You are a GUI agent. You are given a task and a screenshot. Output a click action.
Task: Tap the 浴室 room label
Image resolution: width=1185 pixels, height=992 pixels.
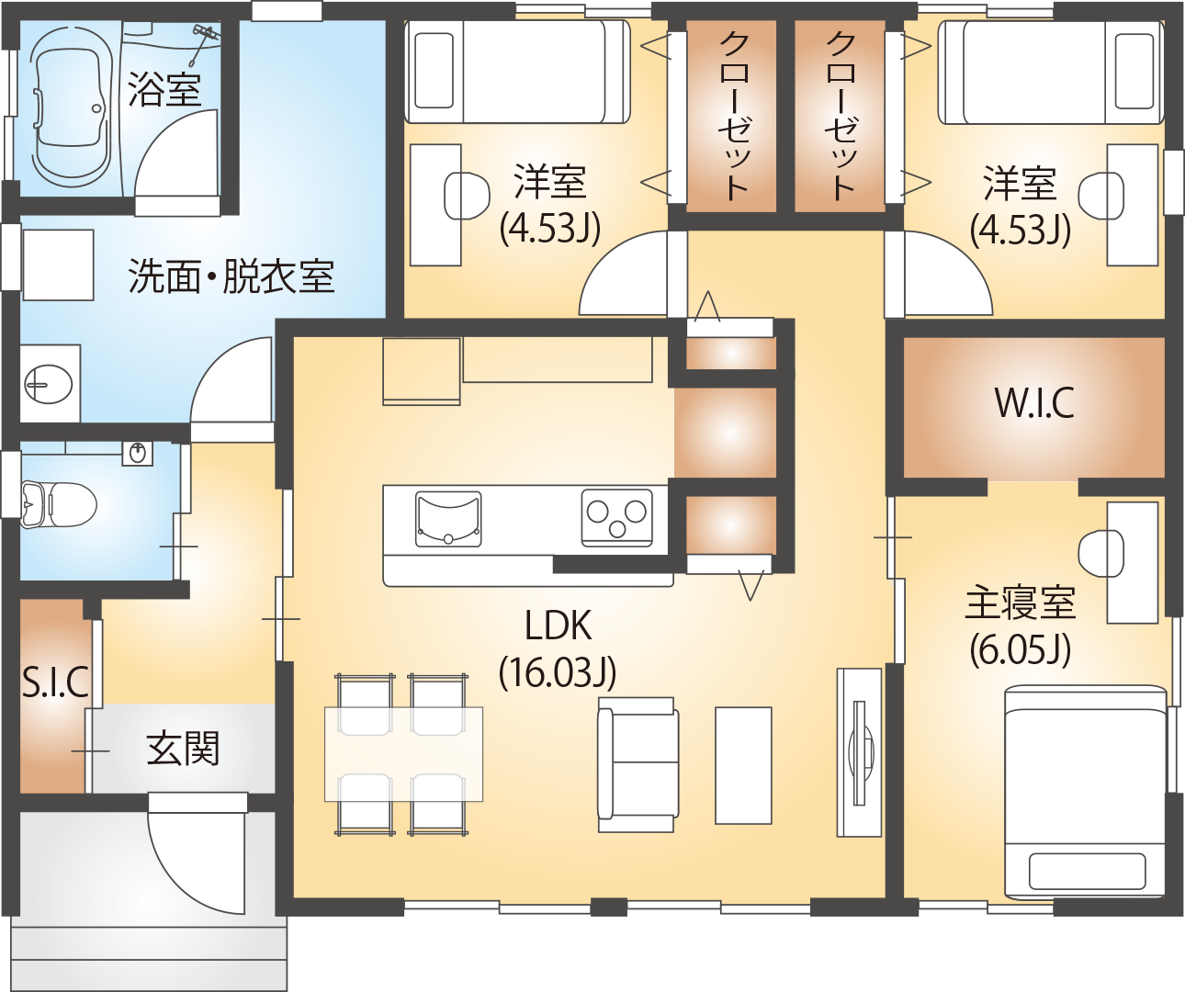(x=164, y=90)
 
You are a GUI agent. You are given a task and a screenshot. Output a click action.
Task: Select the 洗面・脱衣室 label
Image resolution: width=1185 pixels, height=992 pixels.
(x=231, y=276)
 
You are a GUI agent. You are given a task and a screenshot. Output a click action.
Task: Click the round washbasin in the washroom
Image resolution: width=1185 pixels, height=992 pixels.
(x=49, y=384)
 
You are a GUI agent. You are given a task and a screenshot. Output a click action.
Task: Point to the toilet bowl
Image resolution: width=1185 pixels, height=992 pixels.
(x=59, y=504)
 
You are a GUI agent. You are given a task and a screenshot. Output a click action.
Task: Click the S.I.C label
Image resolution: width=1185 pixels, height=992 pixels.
(x=56, y=682)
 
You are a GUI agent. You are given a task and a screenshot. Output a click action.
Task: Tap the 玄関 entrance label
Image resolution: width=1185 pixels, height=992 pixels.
(x=183, y=749)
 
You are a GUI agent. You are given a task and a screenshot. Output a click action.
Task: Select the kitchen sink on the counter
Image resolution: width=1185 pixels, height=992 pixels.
(x=448, y=519)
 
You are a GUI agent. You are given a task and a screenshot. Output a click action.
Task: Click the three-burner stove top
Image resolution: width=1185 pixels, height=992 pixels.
(x=617, y=517)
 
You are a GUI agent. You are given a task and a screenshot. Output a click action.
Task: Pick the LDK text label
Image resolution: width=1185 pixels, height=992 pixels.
(x=559, y=625)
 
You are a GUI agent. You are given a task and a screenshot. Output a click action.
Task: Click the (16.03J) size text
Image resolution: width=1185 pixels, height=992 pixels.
(x=558, y=673)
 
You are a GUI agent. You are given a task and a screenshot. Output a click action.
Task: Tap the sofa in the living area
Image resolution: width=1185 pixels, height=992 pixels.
(x=638, y=765)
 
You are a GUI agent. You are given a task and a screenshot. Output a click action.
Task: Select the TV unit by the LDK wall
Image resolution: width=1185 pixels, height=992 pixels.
(x=859, y=752)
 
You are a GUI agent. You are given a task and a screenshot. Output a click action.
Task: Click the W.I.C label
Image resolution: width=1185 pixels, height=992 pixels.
(x=1034, y=403)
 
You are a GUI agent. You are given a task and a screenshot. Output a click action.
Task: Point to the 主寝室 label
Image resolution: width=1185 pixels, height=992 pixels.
(x=1020, y=603)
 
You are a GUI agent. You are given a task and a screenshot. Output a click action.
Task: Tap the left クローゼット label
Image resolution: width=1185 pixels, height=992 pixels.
(x=734, y=117)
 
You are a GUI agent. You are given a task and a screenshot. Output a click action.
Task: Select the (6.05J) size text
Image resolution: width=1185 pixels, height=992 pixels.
(x=1020, y=649)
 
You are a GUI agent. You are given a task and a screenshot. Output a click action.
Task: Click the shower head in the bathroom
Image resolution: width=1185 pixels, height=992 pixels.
(x=203, y=41)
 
